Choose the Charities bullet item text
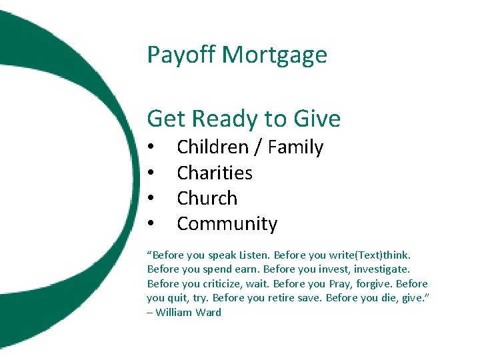215,173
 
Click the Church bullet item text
207,198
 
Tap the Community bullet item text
227,224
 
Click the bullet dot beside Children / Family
152,148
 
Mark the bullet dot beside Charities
152,173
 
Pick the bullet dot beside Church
152,199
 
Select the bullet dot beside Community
152,224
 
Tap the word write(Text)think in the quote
375,255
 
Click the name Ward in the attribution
209,312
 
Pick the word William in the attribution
174,312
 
